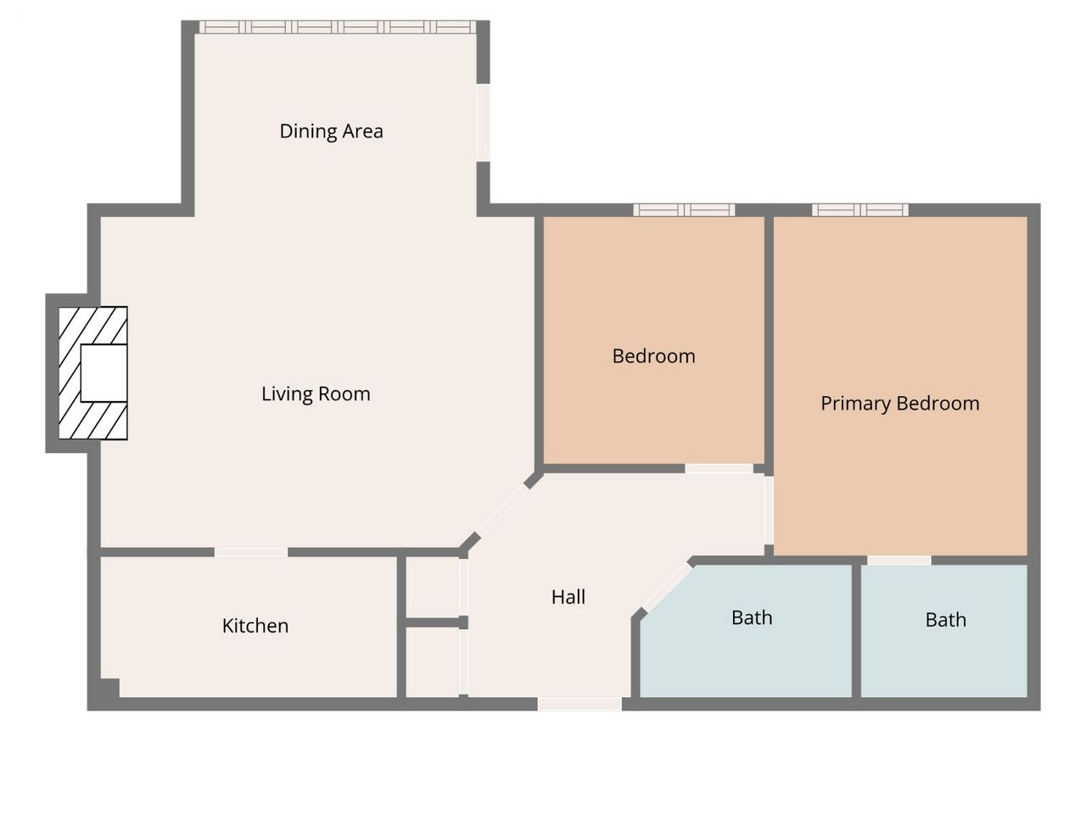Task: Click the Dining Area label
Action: pos(331,131)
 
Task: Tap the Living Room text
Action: pos(316,394)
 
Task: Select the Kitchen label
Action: pos(255,626)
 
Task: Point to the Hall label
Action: pos(568,597)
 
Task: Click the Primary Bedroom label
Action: pos(900,404)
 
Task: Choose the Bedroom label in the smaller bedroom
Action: pos(653,356)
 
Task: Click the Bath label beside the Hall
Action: pos(752,618)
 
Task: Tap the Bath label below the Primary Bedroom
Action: pos(945,620)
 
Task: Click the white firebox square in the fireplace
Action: pos(104,373)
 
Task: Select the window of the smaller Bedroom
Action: pos(684,210)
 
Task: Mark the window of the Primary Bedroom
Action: pos(860,210)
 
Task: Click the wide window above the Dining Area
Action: pos(338,26)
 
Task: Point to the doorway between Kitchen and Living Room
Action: pos(251,552)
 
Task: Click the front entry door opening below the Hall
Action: pos(579,704)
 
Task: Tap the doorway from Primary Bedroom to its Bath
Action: pos(899,560)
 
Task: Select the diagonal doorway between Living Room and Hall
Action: pos(502,510)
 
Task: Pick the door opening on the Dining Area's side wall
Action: pos(484,123)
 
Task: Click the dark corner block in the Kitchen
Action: pos(109,688)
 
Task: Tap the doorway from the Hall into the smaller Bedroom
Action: pos(719,469)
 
